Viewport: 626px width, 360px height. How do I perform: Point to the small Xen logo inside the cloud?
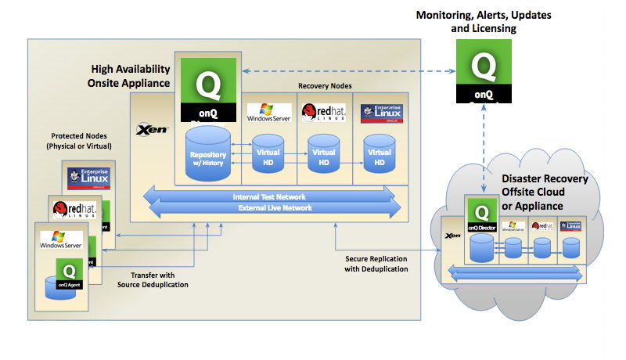(452, 235)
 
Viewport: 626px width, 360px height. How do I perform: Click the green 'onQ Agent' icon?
(69, 274)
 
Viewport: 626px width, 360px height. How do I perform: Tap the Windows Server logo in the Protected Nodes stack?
(62, 239)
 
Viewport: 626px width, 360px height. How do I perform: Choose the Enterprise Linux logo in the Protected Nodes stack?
(89, 178)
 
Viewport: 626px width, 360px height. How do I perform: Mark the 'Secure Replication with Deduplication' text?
(376, 263)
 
